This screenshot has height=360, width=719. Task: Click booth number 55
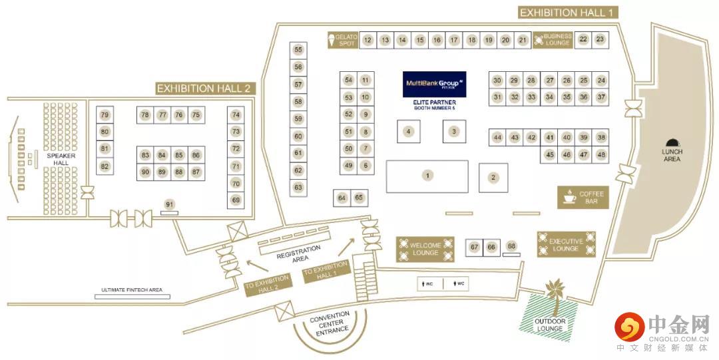[x=298, y=50]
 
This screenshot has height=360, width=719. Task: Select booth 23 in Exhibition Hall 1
[x=600, y=40]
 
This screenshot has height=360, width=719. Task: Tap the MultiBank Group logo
[x=434, y=85]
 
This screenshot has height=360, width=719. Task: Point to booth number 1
[x=427, y=176]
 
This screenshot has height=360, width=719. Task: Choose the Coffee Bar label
[x=583, y=197]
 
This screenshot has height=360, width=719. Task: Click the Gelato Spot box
[x=344, y=40]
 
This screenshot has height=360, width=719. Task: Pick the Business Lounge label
[x=553, y=40]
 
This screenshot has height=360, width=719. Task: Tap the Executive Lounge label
[x=566, y=245]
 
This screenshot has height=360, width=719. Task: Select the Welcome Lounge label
[x=425, y=249]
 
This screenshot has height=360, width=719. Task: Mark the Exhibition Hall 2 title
[x=204, y=88]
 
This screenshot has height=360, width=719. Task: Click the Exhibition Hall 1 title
[x=568, y=12]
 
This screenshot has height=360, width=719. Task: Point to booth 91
[x=170, y=204]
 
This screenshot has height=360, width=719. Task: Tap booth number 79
[x=105, y=115]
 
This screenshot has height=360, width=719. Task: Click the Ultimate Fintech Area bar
[x=132, y=295]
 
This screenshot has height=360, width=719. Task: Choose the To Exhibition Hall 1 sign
[x=326, y=273]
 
